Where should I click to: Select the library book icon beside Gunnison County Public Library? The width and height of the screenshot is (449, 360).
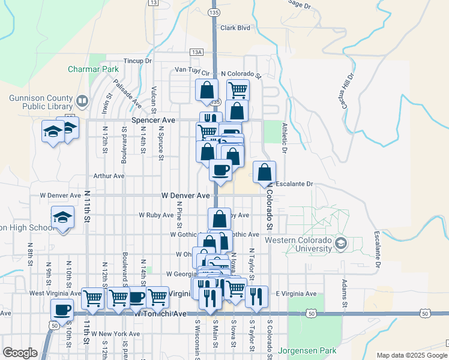point(82,100)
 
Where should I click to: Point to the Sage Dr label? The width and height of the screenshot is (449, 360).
point(300,5)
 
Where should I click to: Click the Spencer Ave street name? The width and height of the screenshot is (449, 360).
point(153,120)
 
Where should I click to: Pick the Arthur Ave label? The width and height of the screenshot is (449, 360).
point(109,176)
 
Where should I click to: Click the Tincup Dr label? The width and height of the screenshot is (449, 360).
point(137,61)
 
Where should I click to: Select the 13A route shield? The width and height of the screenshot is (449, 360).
point(197,52)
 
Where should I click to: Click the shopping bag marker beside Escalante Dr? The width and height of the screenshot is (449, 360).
point(265,173)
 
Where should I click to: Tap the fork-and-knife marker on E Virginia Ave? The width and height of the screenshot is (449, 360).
point(256,296)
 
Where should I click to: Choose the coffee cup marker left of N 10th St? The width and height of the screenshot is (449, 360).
point(62,310)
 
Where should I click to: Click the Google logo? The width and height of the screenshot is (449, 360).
point(20,353)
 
